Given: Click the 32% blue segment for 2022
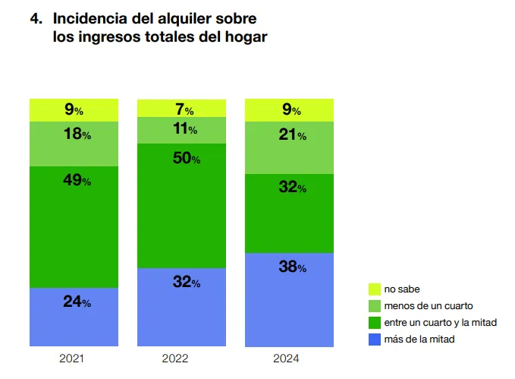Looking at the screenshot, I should click(182, 307).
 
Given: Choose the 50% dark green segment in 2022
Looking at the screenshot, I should click(182, 205).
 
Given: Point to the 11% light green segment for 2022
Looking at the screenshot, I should click(182, 130).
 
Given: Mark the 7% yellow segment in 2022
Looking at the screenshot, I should click(182, 109).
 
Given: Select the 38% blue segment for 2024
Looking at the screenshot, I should click(289, 299).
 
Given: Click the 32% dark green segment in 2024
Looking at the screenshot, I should click(289, 213).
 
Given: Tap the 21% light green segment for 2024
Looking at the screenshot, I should click(289, 147).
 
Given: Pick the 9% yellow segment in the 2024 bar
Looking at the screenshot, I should click(289, 110).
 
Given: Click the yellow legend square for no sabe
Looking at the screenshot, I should click(374, 289).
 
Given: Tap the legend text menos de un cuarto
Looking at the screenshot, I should click(429, 306).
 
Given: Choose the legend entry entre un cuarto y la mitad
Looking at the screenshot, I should click(440, 323).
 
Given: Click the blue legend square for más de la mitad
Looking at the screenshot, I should click(374, 340).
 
